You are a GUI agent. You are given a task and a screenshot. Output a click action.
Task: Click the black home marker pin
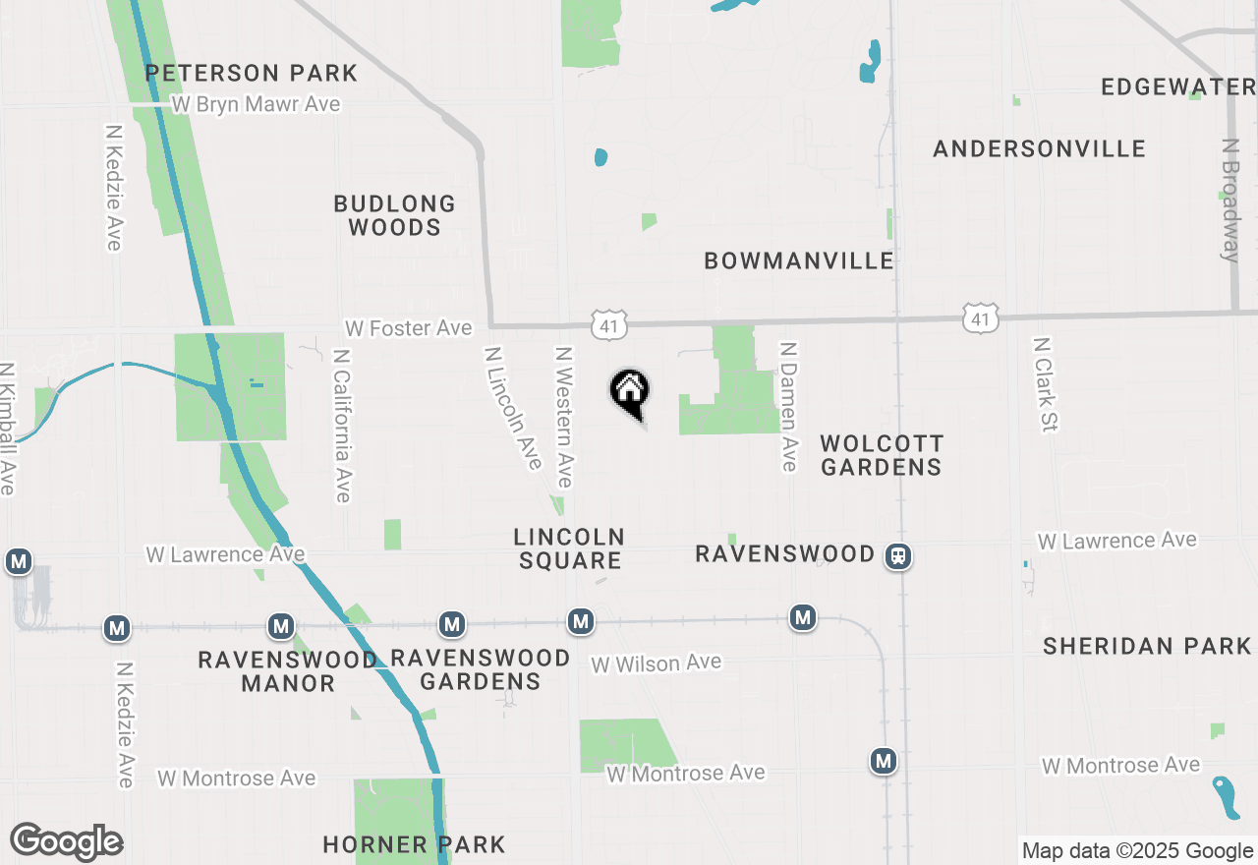pos(630,391)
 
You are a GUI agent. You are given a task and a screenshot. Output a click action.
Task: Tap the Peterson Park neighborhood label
pos(252,73)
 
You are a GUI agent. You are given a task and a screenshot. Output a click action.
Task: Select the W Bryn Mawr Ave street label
pos(256,104)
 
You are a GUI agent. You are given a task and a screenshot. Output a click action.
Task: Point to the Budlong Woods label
pos(395,215)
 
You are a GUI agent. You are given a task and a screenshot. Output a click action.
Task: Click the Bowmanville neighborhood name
pos(799,260)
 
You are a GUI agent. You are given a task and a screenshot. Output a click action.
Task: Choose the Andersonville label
pos(1039,148)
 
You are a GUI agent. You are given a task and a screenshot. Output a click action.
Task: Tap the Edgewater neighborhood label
pos(1177,86)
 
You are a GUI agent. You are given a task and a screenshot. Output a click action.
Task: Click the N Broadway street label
pos(1229,201)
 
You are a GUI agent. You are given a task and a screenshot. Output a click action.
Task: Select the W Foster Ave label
pos(408,327)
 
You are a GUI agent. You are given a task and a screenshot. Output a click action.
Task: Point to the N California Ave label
pos(342,425)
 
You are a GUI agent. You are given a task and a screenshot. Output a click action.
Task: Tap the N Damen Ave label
pos(787,406)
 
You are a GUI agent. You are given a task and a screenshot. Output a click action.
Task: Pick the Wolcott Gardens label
pos(882,455)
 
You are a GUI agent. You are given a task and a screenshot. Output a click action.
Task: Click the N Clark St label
pos(1043,384)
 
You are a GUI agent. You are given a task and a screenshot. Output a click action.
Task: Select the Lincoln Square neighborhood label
pos(569,548)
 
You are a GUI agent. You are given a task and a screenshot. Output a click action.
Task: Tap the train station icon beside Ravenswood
pos(897,556)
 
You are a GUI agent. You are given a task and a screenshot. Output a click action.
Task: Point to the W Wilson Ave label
pos(656,663)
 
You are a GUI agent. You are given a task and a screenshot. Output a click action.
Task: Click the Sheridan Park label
pos(1147,646)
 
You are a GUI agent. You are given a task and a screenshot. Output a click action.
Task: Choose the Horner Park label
pos(414,844)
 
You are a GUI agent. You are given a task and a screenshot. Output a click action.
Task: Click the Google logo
pos(66,842)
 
